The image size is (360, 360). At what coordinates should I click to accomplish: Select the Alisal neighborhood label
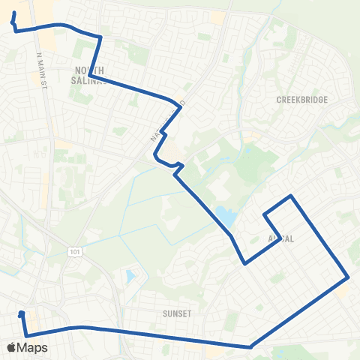tap(280, 238)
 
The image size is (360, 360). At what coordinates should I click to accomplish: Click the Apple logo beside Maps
tap(11, 347)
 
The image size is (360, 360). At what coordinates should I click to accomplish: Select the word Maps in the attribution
tap(32, 347)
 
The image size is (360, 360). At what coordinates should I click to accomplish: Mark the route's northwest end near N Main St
tap(13, 13)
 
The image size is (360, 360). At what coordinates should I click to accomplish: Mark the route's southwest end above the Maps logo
tap(22, 313)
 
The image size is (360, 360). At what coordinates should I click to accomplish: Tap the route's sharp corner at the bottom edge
tap(250, 346)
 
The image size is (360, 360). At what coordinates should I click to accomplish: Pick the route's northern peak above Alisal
tap(291, 196)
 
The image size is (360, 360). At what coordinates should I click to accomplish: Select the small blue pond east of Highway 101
tap(130, 277)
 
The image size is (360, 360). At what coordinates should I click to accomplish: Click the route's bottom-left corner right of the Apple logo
tap(26, 335)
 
